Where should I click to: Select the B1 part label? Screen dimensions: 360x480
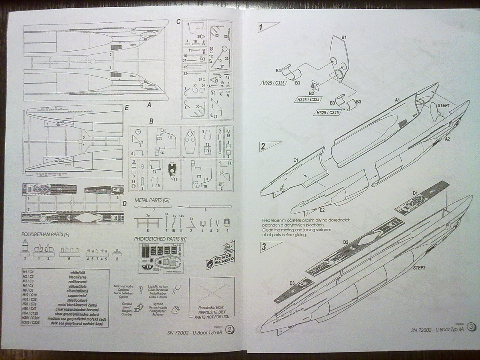(x=344, y=37)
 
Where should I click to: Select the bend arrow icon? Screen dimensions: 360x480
(x=140, y=308)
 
